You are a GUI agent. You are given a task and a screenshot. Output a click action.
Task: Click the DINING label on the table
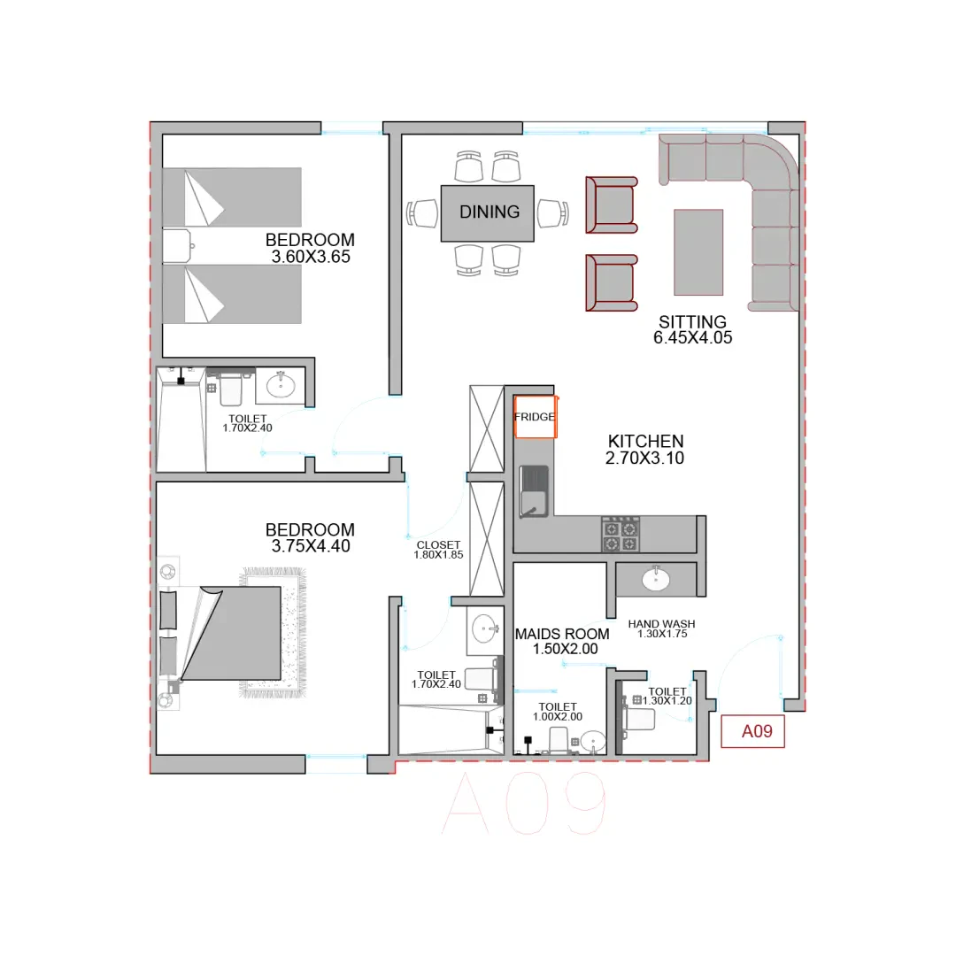[x=490, y=212]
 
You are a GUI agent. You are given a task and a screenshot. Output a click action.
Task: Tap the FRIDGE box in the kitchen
[x=536, y=417]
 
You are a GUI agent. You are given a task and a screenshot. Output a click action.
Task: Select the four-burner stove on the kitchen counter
[x=621, y=535]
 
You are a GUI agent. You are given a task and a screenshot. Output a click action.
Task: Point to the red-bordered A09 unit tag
[x=753, y=731]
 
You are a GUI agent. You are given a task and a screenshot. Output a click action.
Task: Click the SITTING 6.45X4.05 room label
[x=692, y=330]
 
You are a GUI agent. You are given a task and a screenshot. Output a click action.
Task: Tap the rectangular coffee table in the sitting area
[x=698, y=252]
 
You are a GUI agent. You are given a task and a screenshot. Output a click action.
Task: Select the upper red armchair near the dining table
[x=612, y=204]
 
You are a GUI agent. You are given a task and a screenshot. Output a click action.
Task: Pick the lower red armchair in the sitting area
[x=612, y=283]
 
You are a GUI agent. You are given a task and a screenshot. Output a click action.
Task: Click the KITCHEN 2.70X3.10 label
[x=645, y=450]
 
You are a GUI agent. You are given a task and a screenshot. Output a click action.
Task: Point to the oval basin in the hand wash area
[x=656, y=579]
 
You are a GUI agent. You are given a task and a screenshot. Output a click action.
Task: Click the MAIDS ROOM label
[x=562, y=634]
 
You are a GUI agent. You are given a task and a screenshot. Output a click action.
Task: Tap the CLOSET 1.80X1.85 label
[x=438, y=550]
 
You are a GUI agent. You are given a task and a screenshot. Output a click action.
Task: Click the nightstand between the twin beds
[x=177, y=246]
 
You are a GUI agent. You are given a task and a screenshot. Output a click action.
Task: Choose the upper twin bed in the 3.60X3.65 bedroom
[x=232, y=197]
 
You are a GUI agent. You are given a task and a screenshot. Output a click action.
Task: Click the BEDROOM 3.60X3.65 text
[x=311, y=248]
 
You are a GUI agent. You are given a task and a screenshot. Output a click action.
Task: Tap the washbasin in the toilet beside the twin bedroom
[x=281, y=385]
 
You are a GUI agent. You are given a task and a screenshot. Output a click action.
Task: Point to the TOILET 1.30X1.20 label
[x=667, y=697]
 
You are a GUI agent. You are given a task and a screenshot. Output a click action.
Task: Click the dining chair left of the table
[x=422, y=213]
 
